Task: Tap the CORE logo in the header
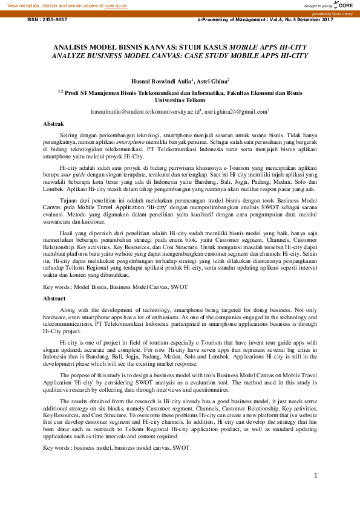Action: click(343, 5)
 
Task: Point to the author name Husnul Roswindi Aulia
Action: click(162, 80)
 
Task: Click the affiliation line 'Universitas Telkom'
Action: click(180, 100)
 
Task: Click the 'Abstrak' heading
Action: click(53, 124)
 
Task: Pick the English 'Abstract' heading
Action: click(54, 299)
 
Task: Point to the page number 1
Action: click(316, 476)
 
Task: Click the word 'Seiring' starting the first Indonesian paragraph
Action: click(70, 134)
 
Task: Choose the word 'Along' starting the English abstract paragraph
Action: click(69, 309)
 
